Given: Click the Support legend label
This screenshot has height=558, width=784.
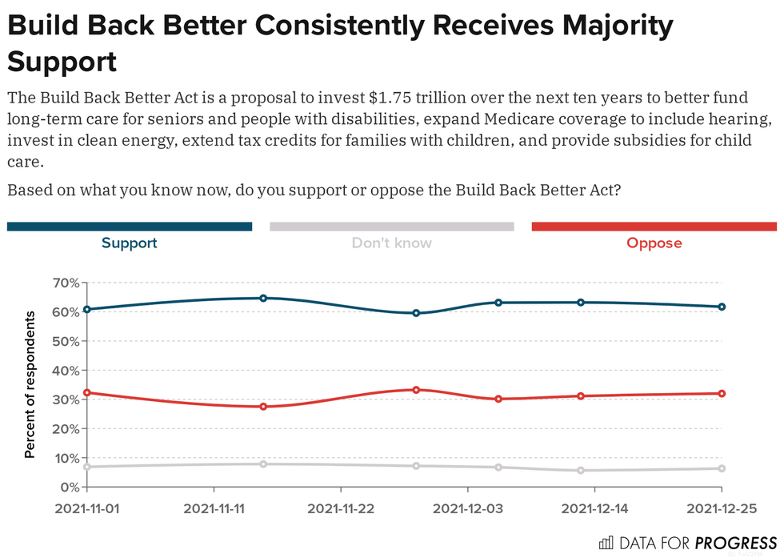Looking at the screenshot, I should [x=129, y=243].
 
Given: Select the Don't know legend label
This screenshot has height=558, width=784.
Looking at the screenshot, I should [x=391, y=243].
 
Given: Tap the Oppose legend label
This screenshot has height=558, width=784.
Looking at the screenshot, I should [x=654, y=243].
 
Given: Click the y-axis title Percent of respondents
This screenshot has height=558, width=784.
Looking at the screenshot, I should [x=30, y=384].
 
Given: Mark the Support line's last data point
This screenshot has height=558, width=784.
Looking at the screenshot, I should [x=722, y=307].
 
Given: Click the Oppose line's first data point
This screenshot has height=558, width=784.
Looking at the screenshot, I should [x=86, y=393].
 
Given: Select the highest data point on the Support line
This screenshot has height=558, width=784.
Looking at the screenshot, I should [x=263, y=298].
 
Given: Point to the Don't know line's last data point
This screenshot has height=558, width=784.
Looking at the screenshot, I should [x=722, y=468].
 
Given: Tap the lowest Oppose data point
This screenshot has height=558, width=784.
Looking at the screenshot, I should [x=263, y=407].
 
